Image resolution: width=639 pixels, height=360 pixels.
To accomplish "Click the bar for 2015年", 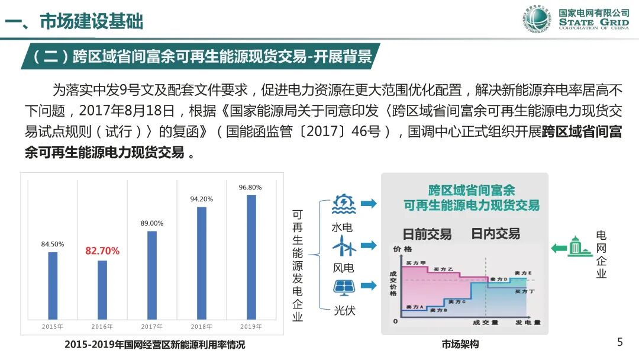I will point(53,285).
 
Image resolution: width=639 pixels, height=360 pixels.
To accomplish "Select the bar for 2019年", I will point(251,256).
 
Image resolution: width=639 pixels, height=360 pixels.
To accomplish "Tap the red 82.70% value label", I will point(102,251).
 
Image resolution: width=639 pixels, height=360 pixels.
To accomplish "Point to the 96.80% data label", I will point(250,188).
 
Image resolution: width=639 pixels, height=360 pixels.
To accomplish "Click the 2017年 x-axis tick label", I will point(152,326).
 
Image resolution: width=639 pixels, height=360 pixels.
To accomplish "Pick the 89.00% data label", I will point(152,223).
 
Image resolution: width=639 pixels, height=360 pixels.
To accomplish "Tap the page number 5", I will point(620,342).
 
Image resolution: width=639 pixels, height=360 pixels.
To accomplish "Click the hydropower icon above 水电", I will point(344,205).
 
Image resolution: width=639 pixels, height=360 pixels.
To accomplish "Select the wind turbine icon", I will point(344,246).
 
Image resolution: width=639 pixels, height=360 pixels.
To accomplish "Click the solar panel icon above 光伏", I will point(344,287).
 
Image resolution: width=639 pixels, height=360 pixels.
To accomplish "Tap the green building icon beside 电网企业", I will point(580,247).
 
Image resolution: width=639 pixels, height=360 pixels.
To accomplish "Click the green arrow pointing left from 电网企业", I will point(559,247).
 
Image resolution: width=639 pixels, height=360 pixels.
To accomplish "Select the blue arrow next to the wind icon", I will point(369,245).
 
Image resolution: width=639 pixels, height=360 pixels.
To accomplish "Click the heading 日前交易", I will point(427,234).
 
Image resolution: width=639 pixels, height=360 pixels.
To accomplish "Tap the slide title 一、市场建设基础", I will point(74,22).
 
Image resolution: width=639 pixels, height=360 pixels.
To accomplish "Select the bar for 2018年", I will point(202,263).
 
